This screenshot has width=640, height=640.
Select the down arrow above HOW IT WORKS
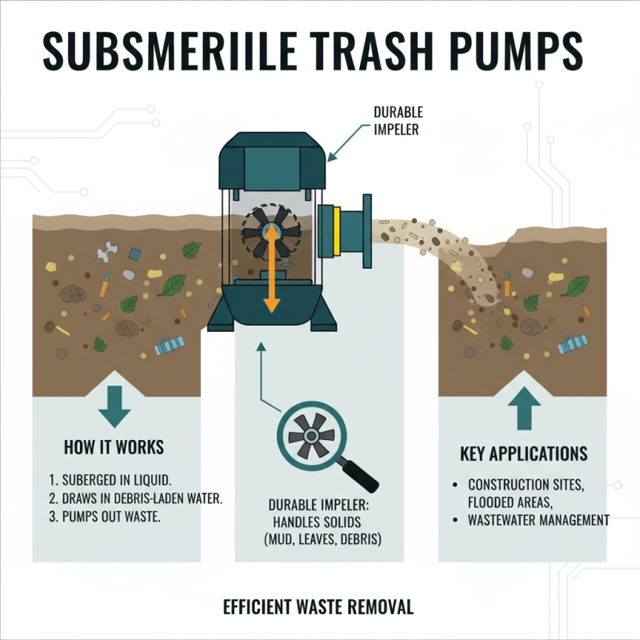(x=114, y=407)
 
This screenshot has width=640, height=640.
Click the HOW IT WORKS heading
(x=114, y=446)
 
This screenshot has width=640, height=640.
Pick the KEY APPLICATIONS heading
(x=523, y=454)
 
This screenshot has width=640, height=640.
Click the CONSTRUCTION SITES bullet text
(x=530, y=485)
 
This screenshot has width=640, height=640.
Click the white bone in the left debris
(x=107, y=254)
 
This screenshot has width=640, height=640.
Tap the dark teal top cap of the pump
(x=271, y=160)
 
